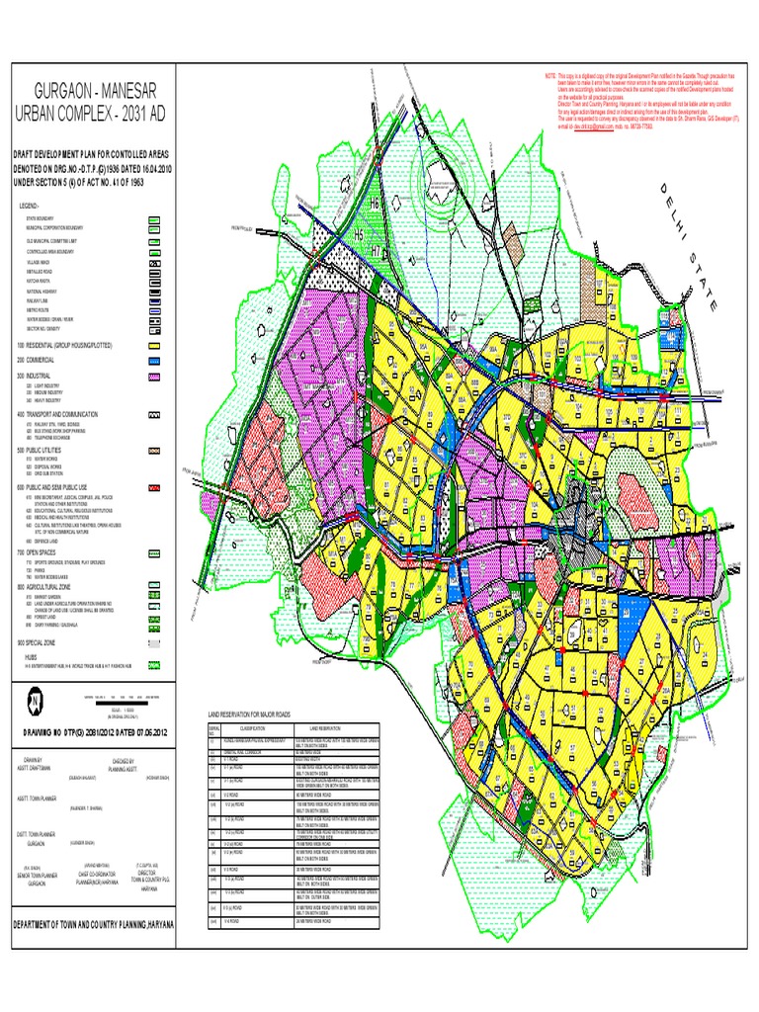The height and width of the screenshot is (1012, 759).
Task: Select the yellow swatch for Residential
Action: [153, 346]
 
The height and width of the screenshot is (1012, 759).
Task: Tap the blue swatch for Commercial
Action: [153, 362]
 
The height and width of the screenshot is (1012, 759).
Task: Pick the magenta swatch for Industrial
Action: [153, 378]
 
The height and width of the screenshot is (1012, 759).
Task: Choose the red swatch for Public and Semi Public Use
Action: [153, 488]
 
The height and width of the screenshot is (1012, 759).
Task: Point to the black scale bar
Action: [123, 699]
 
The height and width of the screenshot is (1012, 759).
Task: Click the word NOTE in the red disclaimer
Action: [550, 76]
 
